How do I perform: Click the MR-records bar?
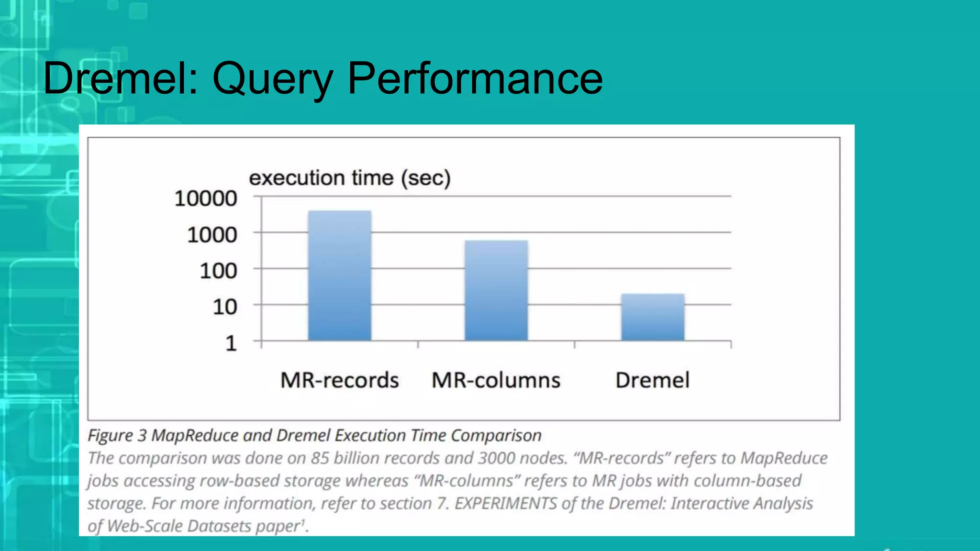point(339,275)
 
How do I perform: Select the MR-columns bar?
point(496,290)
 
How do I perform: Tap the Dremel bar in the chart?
point(653,317)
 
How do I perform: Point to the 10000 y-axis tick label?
point(206,198)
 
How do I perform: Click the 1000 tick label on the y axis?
point(212,235)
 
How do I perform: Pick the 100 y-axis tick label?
point(218,271)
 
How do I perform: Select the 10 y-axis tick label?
point(224,307)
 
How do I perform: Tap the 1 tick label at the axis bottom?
point(231,343)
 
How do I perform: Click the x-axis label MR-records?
point(339,380)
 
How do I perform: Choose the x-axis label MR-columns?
point(496,380)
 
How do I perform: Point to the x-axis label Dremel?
point(652,380)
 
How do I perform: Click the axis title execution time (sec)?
point(350,178)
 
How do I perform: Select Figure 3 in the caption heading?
point(117,436)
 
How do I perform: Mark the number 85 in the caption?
point(320,458)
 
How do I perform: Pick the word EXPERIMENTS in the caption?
point(505,503)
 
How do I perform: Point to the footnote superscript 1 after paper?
point(302,522)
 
